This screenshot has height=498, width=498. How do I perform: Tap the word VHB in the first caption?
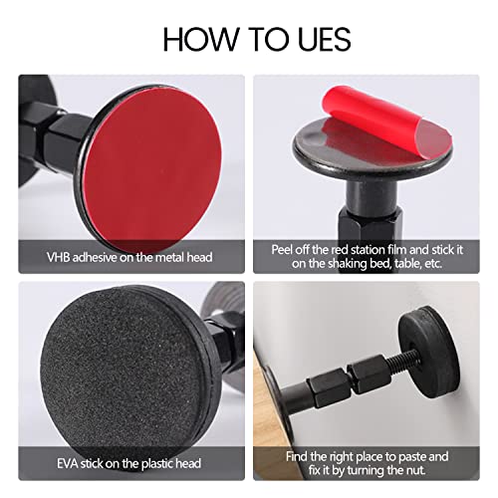(x=61, y=257)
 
